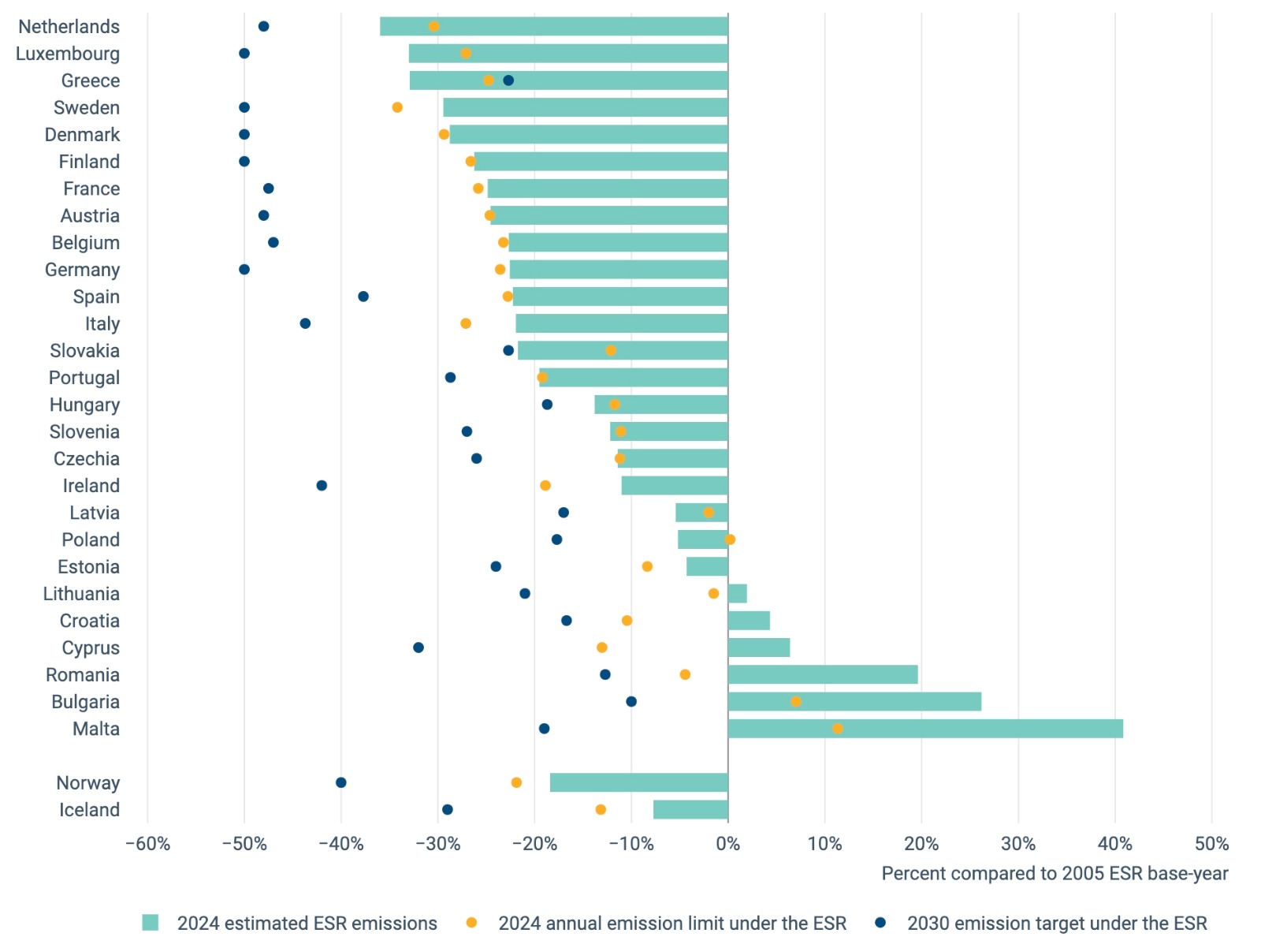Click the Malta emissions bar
click(924, 729)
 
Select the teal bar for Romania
click(822, 674)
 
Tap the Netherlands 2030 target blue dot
click(264, 27)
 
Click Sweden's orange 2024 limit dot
click(397, 107)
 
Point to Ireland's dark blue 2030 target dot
click(322, 486)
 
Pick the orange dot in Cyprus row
click(602, 648)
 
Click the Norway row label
click(88, 783)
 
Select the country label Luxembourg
click(68, 54)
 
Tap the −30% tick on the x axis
click(437, 844)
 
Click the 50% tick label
click(1211, 844)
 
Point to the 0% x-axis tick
click(727, 844)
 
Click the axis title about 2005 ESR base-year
click(1054, 874)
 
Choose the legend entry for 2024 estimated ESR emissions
click(307, 924)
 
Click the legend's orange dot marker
click(471, 923)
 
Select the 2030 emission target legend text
click(1056, 924)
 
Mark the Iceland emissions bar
click(690, 810)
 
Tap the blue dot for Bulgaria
click(631, 702)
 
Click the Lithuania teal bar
click(737, 594)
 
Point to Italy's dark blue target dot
click(305, 323)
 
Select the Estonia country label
click(88, 567)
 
